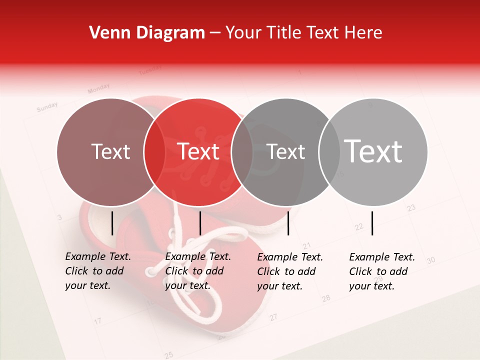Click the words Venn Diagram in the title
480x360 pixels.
tap(147, 33)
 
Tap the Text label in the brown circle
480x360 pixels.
tap(110, 151)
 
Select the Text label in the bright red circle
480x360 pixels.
tap(198, 151)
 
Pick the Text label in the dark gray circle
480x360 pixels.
tap(285, 151)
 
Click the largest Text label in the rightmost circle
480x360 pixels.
tap(373, 151)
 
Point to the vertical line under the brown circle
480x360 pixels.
tap(112, 223)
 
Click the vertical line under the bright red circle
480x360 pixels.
tap(200, 223)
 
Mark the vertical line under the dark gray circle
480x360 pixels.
tap(288, 223)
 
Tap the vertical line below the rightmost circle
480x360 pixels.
tap(372, 223)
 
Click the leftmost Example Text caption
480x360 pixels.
tap(98, 271)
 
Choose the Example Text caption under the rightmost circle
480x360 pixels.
tap(382, 271)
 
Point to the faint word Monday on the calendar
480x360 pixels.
tap(98, 89)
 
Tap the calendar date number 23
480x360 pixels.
tap(411, 207)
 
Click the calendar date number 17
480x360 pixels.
tap(98, 320)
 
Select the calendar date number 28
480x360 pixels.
tap(326, 298)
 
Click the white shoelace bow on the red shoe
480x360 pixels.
tap(185, 250)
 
